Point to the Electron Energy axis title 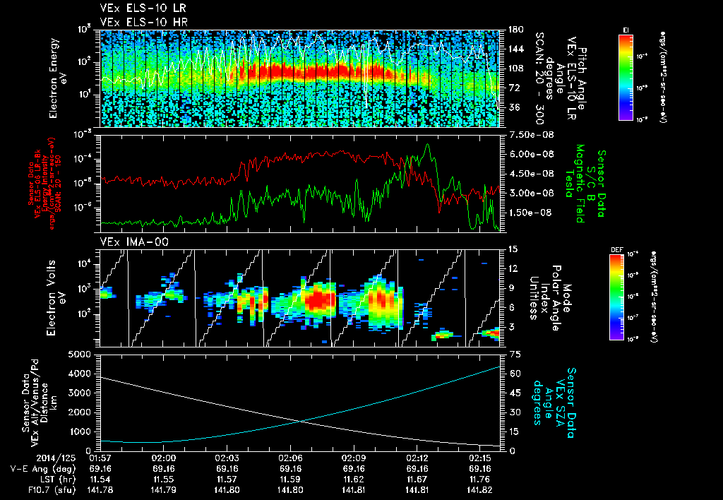tap(56, 76)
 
